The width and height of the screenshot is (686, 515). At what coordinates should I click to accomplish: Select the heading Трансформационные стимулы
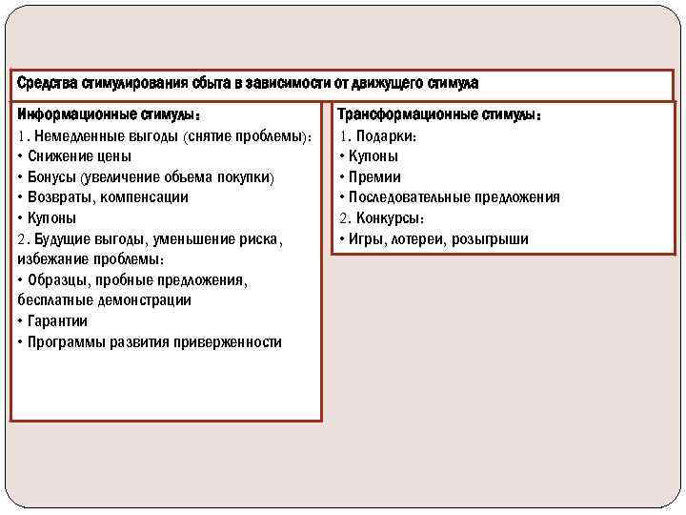click(x=439, y=115)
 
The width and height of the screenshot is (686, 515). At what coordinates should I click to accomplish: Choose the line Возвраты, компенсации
click(x=108, y=197)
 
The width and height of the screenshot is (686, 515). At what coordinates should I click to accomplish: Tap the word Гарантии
click(x=58, y=321)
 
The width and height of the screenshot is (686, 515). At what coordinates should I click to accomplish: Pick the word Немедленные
click(x=75, y=135)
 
